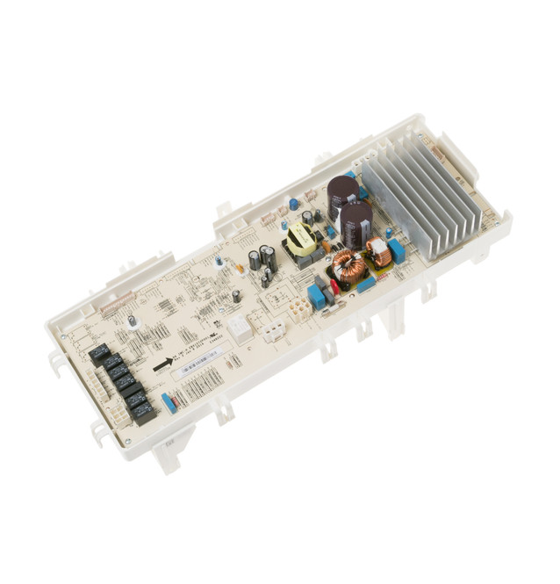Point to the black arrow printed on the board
162,364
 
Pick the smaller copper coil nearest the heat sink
379,254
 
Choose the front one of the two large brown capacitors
355,225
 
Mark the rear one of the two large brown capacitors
342,196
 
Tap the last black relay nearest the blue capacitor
141,410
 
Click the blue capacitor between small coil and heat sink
397,251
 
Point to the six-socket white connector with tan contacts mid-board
300,308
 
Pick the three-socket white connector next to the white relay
273,330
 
